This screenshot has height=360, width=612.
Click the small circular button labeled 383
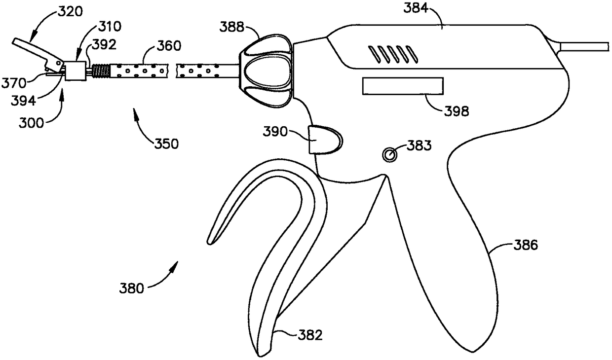pyautogui.click(x=390, y=155)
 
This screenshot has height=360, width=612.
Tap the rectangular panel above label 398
pyautogui.click(x=402, y=86)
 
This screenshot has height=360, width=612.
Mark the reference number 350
pyautogui.click(x=165, y=144)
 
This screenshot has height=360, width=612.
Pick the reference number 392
pyautogui.click(x=104, y=45)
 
